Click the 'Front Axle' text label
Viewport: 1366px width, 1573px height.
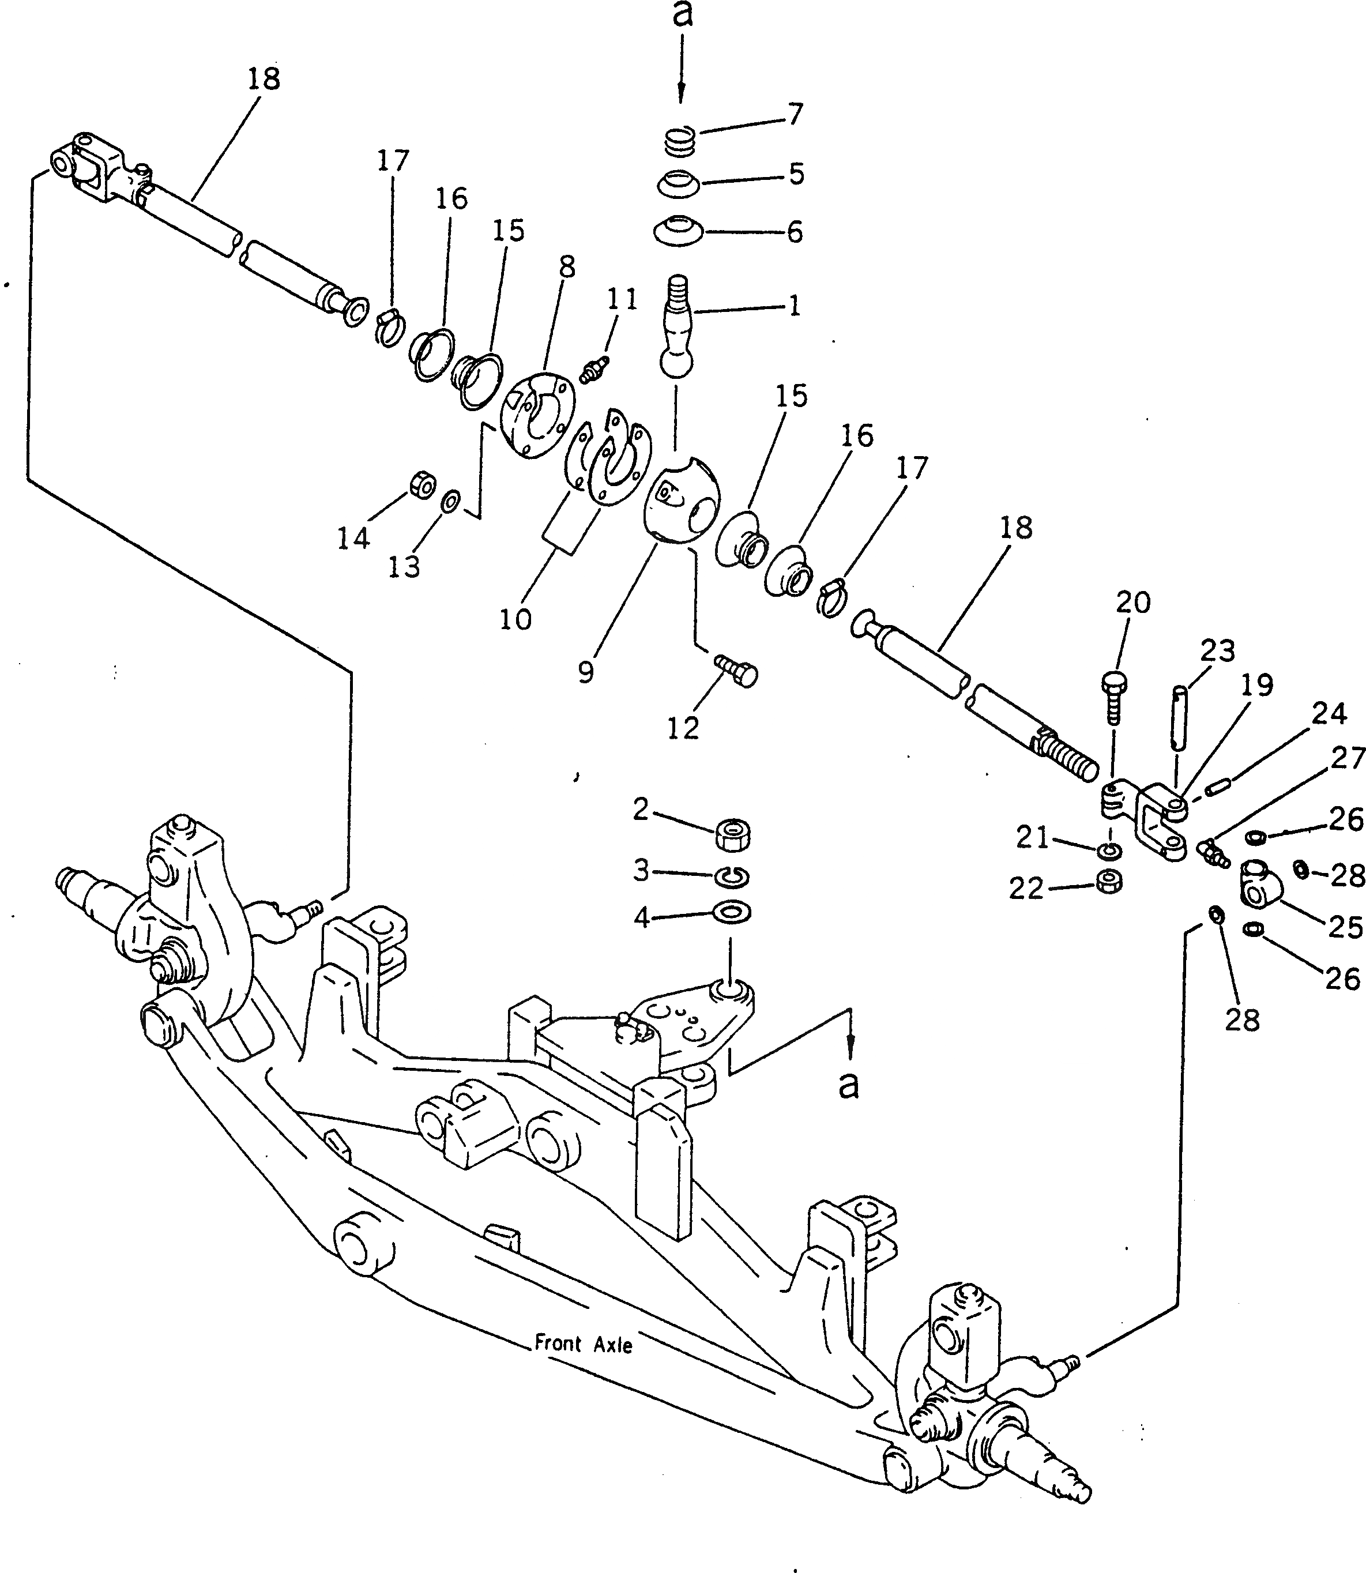click(583, 1344)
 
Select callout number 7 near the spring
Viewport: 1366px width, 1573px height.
click(795, 114)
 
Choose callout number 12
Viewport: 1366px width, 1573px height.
click(683, 729)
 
